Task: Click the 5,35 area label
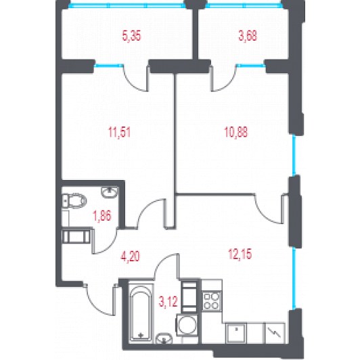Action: click(131, 37)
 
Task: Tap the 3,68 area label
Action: click(248, 37)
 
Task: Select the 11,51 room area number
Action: click(120, 133)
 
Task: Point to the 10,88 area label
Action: click(236, 133)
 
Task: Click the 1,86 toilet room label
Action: click(102, 216)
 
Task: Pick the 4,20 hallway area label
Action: click(130, 256)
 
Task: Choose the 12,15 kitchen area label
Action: click(240, 254)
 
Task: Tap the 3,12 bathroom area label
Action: click(168, 302)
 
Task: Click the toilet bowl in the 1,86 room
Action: click(74, 200)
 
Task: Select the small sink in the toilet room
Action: click(110, 192)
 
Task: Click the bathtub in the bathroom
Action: click(141, 313)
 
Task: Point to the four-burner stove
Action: click(212, 301)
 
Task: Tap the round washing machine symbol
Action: click(187, 325)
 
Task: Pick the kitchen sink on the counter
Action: click(236, 333)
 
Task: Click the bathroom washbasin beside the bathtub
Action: click(164, 338)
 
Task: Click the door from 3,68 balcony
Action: click(223, 78)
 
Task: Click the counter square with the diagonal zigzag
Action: click(275, 333)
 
